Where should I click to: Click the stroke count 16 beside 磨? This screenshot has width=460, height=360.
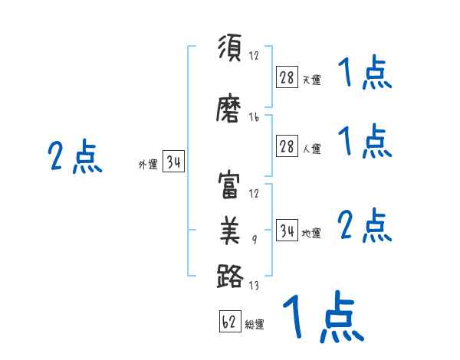click(x=254, y=117)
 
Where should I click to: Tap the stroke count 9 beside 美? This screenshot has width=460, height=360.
click(x=255, y=240)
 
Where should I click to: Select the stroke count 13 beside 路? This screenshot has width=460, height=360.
click(x=254, y=286)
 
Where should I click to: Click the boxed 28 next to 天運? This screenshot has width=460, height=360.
click(x=287, y=77)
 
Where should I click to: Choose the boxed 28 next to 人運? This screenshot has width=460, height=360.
click(x=287, y=147)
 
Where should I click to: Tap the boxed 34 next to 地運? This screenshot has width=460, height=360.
click(x=287, y=231)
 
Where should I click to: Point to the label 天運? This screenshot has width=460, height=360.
click(x=311, y=80)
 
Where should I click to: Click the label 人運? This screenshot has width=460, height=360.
click(x=311, y=149)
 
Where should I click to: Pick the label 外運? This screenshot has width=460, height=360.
click(x=148, y=165)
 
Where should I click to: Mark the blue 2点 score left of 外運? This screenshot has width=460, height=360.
click(x=74, y=157)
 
